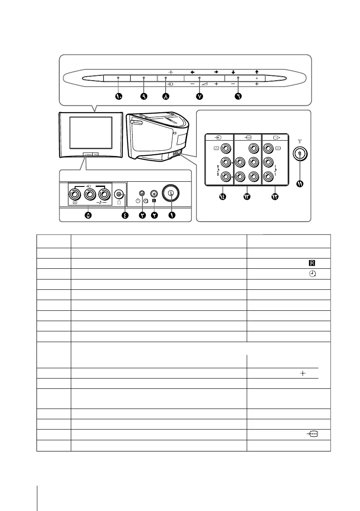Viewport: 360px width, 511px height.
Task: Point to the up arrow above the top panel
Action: (257, 72)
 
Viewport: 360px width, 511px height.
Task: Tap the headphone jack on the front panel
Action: (120, 194)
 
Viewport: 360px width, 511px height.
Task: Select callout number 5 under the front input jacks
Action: (88, 215)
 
